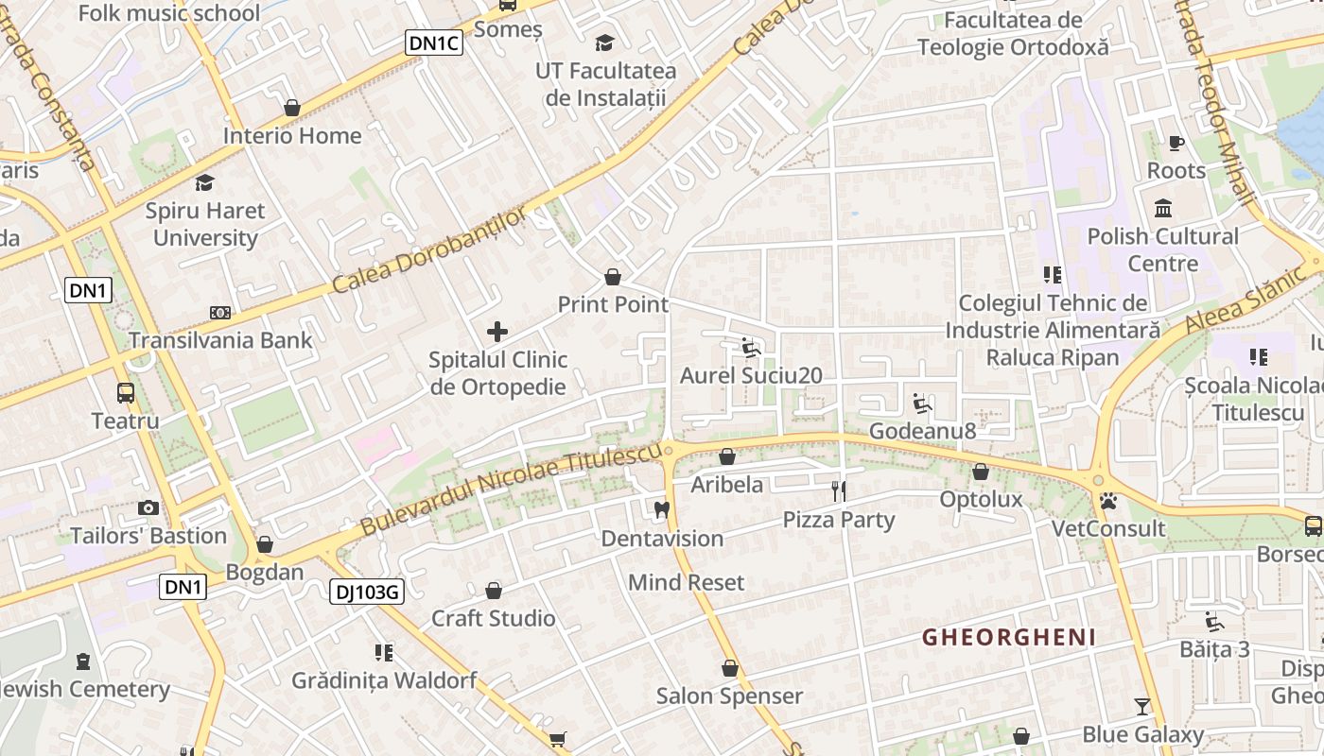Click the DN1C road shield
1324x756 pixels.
tap(434, 42)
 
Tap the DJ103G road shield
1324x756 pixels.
tap(367, 593)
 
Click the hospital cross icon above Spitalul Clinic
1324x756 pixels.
tap(497, 332)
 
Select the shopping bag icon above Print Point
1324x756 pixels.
tap(613, 277)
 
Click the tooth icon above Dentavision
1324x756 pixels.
tap(662, 510)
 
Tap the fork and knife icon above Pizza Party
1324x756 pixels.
tap(839, 490)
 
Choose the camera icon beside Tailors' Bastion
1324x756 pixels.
tap(148, 508)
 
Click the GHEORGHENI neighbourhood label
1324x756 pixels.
tap(1009, 637)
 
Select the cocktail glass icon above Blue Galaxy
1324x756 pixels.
tap(1142, 706)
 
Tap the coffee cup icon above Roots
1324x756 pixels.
tap(1176, 143)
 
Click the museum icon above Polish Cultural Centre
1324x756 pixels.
tap(1163, 208)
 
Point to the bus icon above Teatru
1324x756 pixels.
tap(125, 392)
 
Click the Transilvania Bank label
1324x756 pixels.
tap(220, 340)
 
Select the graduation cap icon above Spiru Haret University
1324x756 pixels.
tap(205, 182)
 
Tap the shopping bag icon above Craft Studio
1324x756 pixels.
tap(494, 591)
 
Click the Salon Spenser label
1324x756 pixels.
tap(729, 696)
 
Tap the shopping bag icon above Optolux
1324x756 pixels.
tap(981, 471)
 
